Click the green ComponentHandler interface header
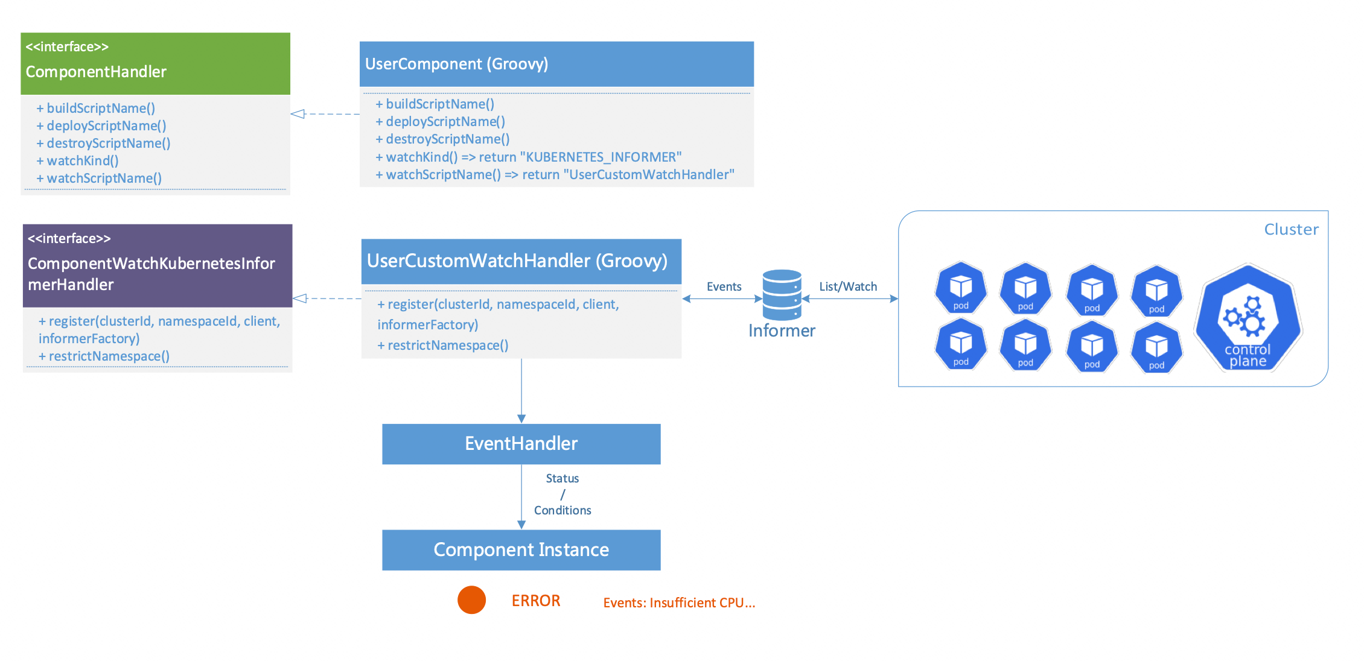coord(155,63)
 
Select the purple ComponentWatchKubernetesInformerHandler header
coord(157,265)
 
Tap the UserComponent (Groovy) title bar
coord(556,64)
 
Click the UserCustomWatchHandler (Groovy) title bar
coord(521,261)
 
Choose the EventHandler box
coord(521,444)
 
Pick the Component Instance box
coord(521,550)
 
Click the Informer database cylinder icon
coord(782,295)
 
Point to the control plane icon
coord(1248,318)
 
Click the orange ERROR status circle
coord(471,600)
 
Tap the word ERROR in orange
coord(536,601)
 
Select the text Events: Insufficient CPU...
coord(679,602)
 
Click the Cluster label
coord(1291,230)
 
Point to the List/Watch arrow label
coord(848,286)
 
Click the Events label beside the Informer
coord(724,286)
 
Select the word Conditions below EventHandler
coord(562,510)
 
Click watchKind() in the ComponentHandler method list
coord(82,161)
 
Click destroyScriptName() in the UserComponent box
coord(447,139)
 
